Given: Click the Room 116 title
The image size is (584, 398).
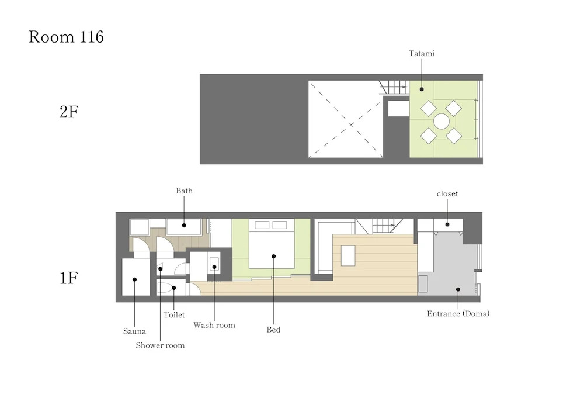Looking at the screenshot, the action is [x=66, y=37].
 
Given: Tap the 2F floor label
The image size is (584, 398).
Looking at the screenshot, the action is [x=69, y=112].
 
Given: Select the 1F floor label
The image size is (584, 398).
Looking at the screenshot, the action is [x=69, y=278].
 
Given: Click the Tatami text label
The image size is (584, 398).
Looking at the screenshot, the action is [x=422, y=53].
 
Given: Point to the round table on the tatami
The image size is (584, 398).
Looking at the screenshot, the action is [x=442, y=122].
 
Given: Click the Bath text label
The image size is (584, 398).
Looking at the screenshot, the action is [x=185, y=191].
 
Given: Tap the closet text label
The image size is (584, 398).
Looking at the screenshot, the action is [x=447, y=194].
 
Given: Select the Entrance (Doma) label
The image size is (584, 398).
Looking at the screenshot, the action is [x=458, y=314].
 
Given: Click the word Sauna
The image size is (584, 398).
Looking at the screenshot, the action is [x=134, y=331].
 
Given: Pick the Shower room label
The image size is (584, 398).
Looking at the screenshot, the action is [x=160, y=345].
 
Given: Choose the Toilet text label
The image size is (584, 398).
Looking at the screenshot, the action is [x=174, y=315].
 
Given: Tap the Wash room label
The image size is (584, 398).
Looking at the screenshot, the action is [x=214, y=326].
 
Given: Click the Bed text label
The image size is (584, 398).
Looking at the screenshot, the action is [x=273, y=330].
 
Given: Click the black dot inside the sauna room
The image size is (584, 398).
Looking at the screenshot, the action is [x=134, y=279].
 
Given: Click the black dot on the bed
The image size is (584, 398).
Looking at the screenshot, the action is [x=274, y=257].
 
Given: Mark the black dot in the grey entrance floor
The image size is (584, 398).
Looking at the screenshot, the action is [x=458, y=289].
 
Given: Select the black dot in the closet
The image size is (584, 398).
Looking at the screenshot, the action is [x=447, y=224].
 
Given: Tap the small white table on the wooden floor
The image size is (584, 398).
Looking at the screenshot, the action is [x=348, y=255].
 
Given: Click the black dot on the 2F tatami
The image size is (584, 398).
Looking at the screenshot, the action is [x=422, y=89].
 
